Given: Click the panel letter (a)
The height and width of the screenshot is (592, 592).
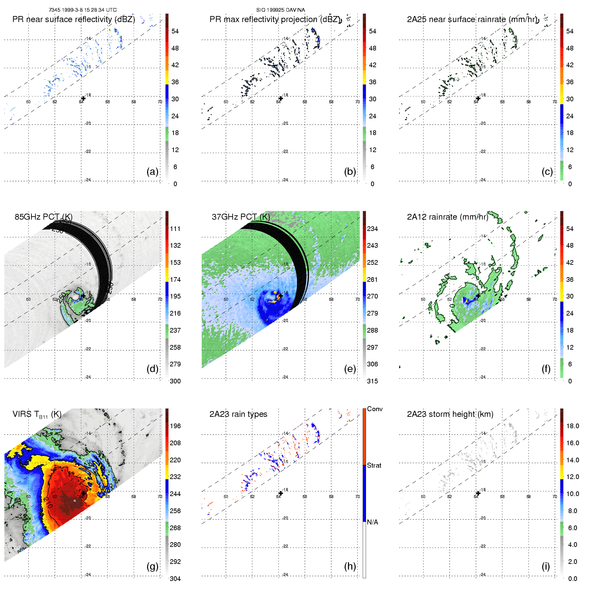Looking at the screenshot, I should [152, 172].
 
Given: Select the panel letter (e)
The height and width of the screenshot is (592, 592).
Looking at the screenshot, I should [350, 369].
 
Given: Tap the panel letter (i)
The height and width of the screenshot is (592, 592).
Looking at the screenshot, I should [546, 566].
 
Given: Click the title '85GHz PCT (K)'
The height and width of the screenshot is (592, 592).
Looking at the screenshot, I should [43, 217].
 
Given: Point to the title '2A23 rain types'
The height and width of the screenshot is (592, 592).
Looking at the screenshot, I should [238, 414].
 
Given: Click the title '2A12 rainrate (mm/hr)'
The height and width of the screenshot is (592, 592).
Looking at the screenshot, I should [448, 217].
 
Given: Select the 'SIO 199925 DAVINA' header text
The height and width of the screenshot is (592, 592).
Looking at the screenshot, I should [280, 10].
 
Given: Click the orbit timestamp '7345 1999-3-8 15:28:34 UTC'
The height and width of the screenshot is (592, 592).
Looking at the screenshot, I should [83, 10].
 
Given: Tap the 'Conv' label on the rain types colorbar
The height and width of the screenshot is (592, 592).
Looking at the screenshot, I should [375, 409].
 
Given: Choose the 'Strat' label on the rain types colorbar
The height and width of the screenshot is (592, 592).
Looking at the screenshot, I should [374, 465].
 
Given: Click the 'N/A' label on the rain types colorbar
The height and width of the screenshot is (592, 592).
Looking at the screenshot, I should [372, 522].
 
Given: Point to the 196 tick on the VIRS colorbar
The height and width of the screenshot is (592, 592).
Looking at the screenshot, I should [175, 426].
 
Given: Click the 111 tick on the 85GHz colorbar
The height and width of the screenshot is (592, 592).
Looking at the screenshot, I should [175, 229].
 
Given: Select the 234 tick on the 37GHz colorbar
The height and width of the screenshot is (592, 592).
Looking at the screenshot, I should [372, 229].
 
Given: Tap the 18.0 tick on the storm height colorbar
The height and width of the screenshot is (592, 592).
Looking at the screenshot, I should [573, 426].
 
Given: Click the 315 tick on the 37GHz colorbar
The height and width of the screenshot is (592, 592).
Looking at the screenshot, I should [372, 381].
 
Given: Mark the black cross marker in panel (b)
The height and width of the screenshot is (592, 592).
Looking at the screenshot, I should [281, 98].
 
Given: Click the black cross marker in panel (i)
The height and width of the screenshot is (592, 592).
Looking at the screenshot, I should [478, 493].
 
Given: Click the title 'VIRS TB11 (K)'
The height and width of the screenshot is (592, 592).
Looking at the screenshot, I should [37, 415].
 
